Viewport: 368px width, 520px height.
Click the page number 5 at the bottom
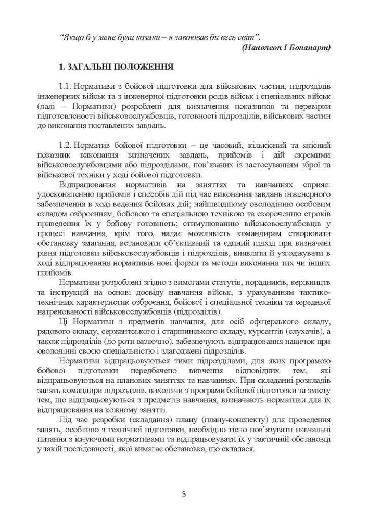(x=184, y=494)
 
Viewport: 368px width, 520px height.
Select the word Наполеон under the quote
(x=267, y=47)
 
